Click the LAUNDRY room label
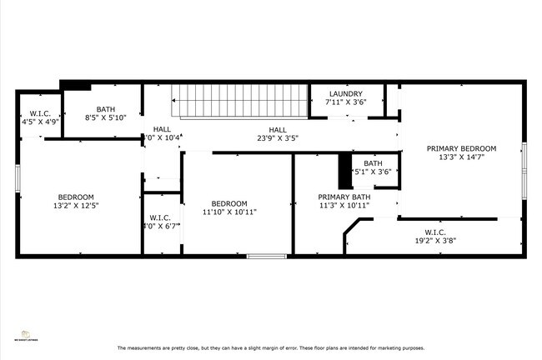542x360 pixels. pyautogui.click(x=345, y=93)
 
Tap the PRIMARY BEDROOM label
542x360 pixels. pyautogui.click(x=461, y=148)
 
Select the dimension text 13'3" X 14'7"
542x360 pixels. pyautogui.click(x=461, y=157)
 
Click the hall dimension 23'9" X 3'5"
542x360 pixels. pyautogui.click(x=278, y=138)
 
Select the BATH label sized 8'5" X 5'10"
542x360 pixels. pyautogui.click(x=105, y=109)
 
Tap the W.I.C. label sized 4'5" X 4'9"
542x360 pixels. pyautogui.click(x=40, y=113)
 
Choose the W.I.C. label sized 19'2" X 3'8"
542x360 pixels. pyautogui.click(x=434, y=232)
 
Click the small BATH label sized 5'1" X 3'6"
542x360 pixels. pyautogui.click(x=372, y=163)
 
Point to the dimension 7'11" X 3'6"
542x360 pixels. pyautogui.click(x=345, y=102)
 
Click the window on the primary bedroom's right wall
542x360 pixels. pyautogui.click(x=524, y=171)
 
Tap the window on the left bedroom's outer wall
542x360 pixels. pyautogui.click(x=18, y=178)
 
